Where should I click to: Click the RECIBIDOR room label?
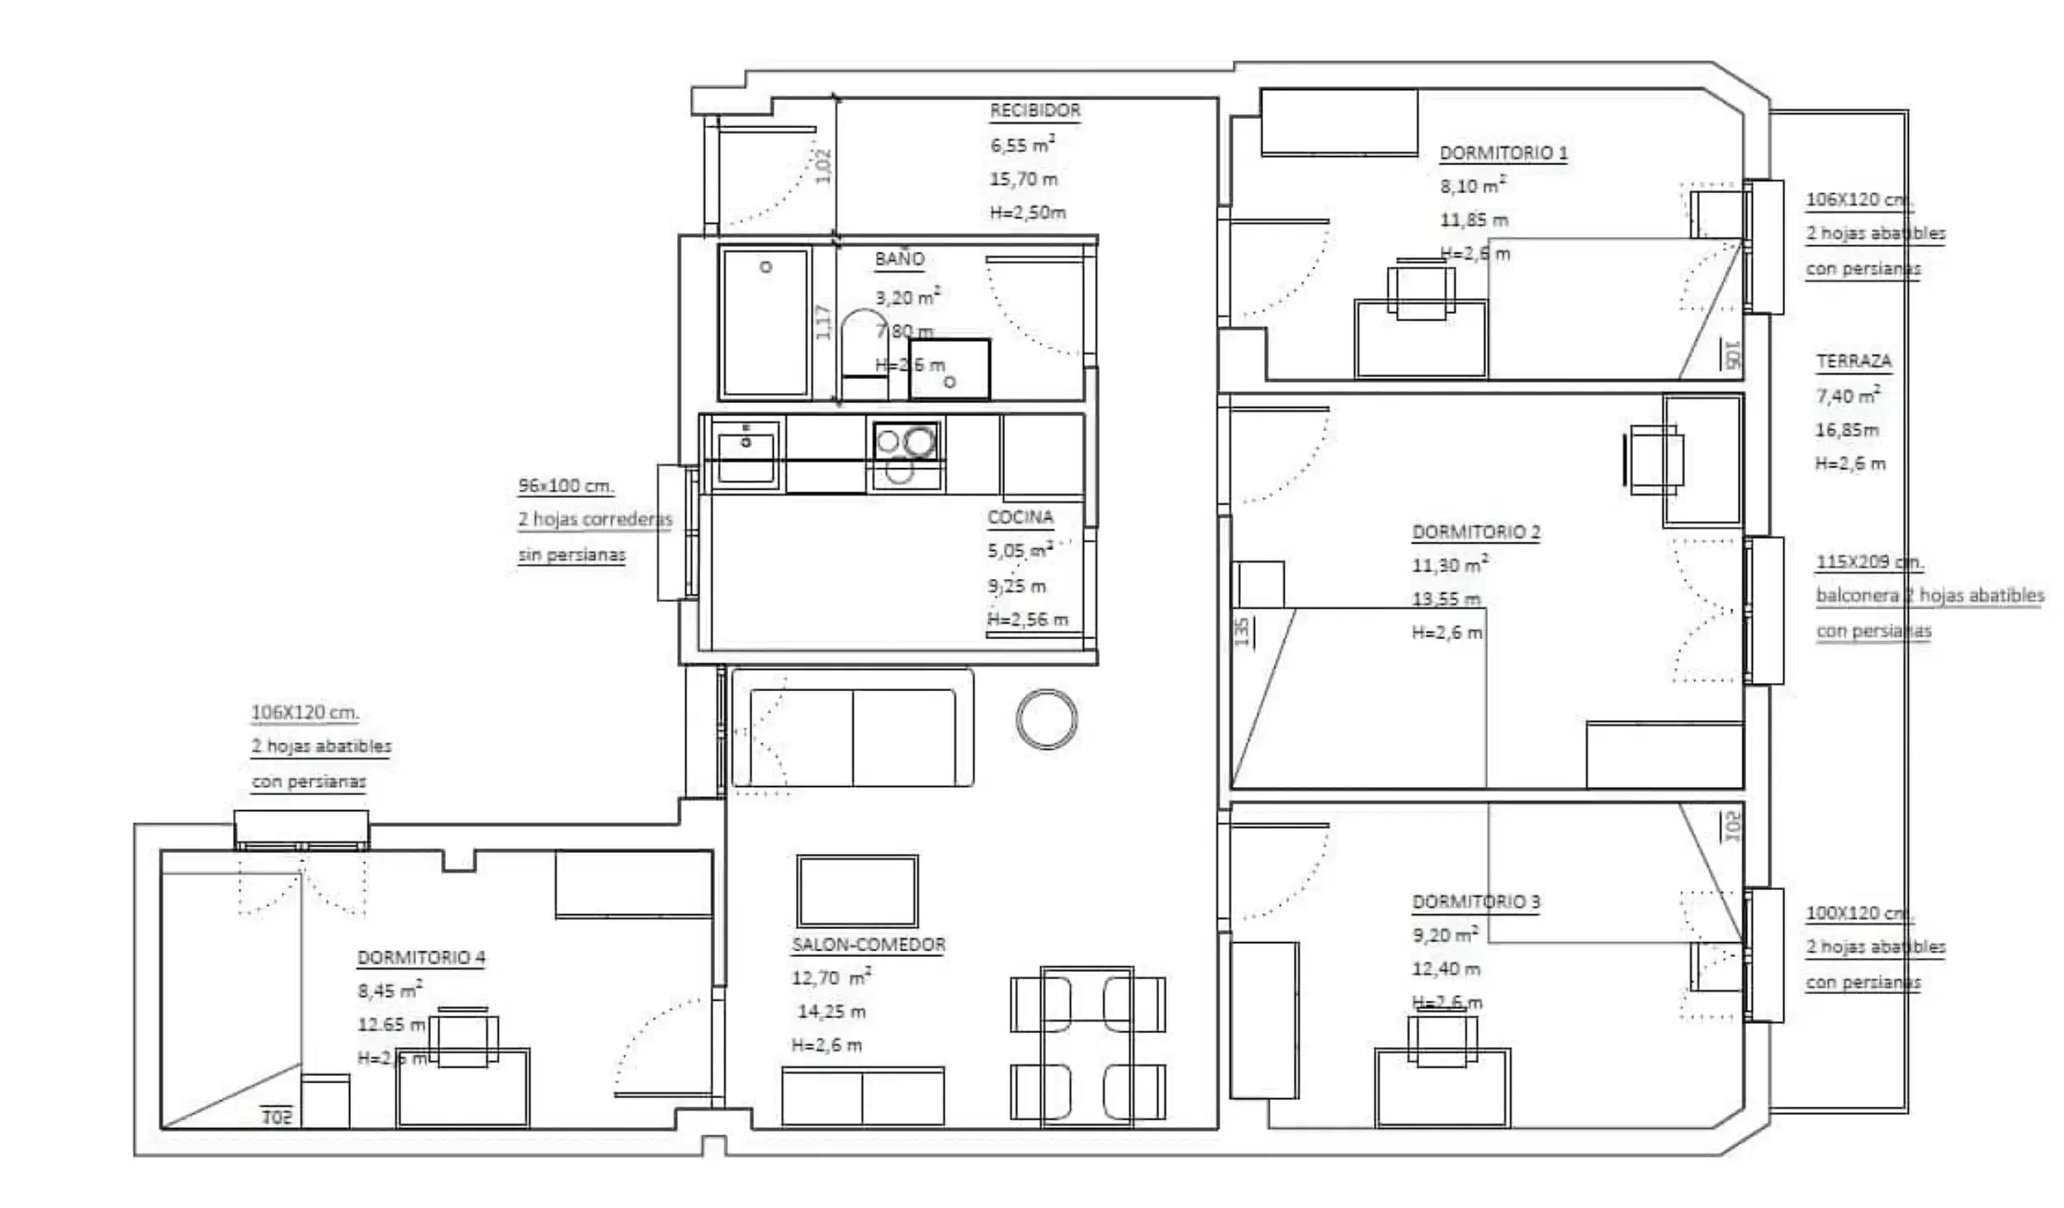(1034, 110)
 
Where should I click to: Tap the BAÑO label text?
(899, 258)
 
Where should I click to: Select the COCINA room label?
(1020, 517)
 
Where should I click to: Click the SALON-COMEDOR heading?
(869, 945)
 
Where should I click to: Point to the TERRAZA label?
(1853, 361)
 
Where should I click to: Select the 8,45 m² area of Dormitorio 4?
(390, 990)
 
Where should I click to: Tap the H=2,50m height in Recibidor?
(1028, 212)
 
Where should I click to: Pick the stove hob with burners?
(906, 454)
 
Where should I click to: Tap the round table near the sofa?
(1046, 718)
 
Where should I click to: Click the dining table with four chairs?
(1087, 1047)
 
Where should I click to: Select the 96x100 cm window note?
(566, 486)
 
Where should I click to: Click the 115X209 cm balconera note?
(1869, 562)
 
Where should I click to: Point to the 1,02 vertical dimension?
(823, 166)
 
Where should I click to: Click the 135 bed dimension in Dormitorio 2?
(1242, 632)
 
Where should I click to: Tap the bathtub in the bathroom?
(765, 322)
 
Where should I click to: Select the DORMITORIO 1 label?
(1503, 153)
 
